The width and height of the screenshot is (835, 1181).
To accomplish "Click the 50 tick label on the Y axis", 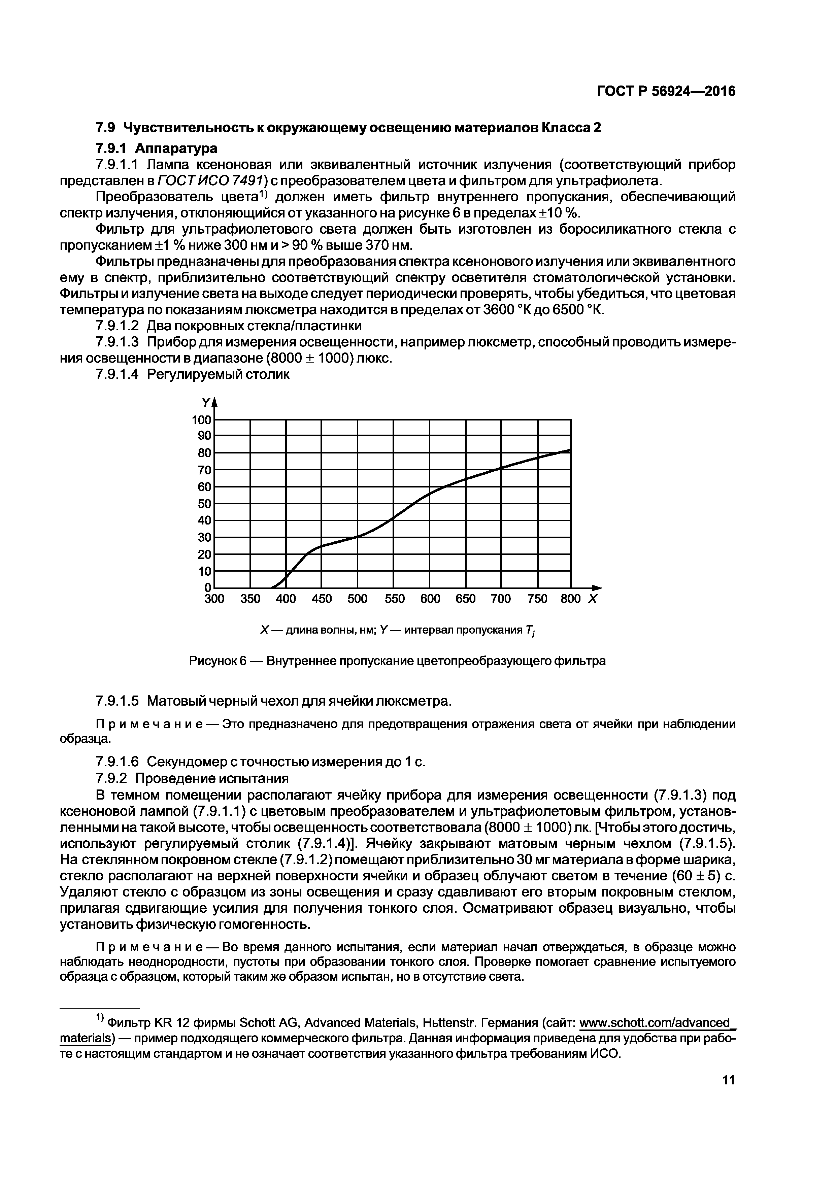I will click(x=204, y=504).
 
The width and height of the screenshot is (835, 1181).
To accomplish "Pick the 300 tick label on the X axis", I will click(x=214, y=599).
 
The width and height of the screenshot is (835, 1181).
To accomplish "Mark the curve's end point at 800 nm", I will click(x=570, y=450).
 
